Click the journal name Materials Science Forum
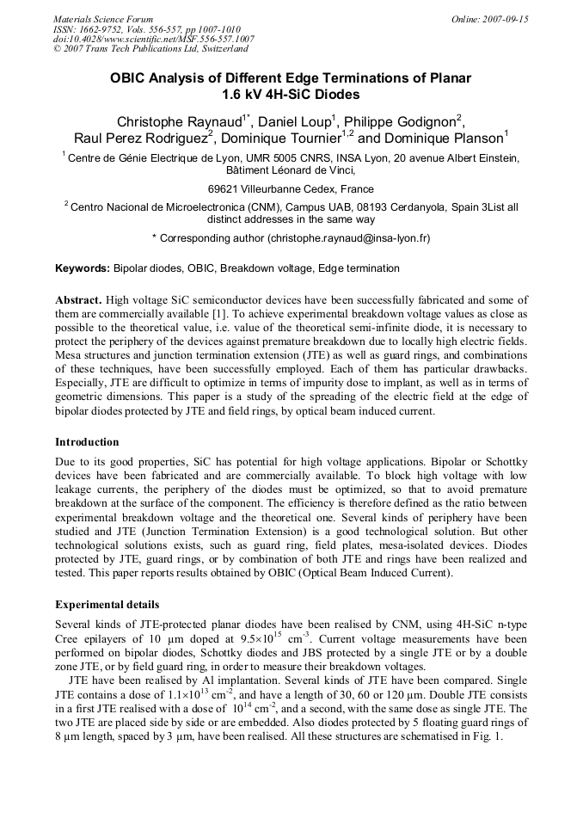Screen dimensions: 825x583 [103, 19]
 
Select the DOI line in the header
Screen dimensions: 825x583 [153, 39]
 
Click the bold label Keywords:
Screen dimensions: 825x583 [83, 268]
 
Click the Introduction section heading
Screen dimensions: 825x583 [87, 442]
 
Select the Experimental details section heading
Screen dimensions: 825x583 [107, 605]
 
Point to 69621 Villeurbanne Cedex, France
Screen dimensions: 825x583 [291, 189]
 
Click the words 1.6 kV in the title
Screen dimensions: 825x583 [244, 95]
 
